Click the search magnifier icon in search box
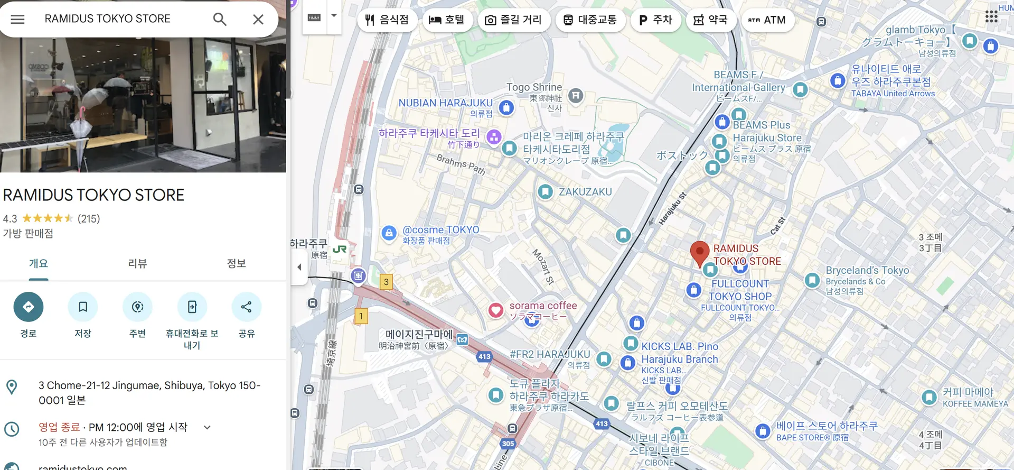coord(220,20)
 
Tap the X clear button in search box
coord(258,20)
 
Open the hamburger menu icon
coord(17,20)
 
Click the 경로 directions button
coord(29,307)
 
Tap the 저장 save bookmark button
coord(83,307)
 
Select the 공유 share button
coord(246,307)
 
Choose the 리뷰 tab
coord(137,263)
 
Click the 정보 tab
coord(236,263)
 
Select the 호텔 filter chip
coord(447,20)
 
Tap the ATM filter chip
coord(767,20)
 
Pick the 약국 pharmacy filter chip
coord(710,20)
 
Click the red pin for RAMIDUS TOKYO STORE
coord(700,252)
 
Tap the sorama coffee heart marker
coord(495,310)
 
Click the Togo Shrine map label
coord(534,87)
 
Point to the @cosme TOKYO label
coord(440,230)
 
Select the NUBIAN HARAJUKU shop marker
coord(506,108)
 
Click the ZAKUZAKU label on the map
coord(585,192)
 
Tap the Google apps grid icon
coord(991,17)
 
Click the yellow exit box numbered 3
coord(386,282)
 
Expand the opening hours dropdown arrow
coord(207,427)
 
